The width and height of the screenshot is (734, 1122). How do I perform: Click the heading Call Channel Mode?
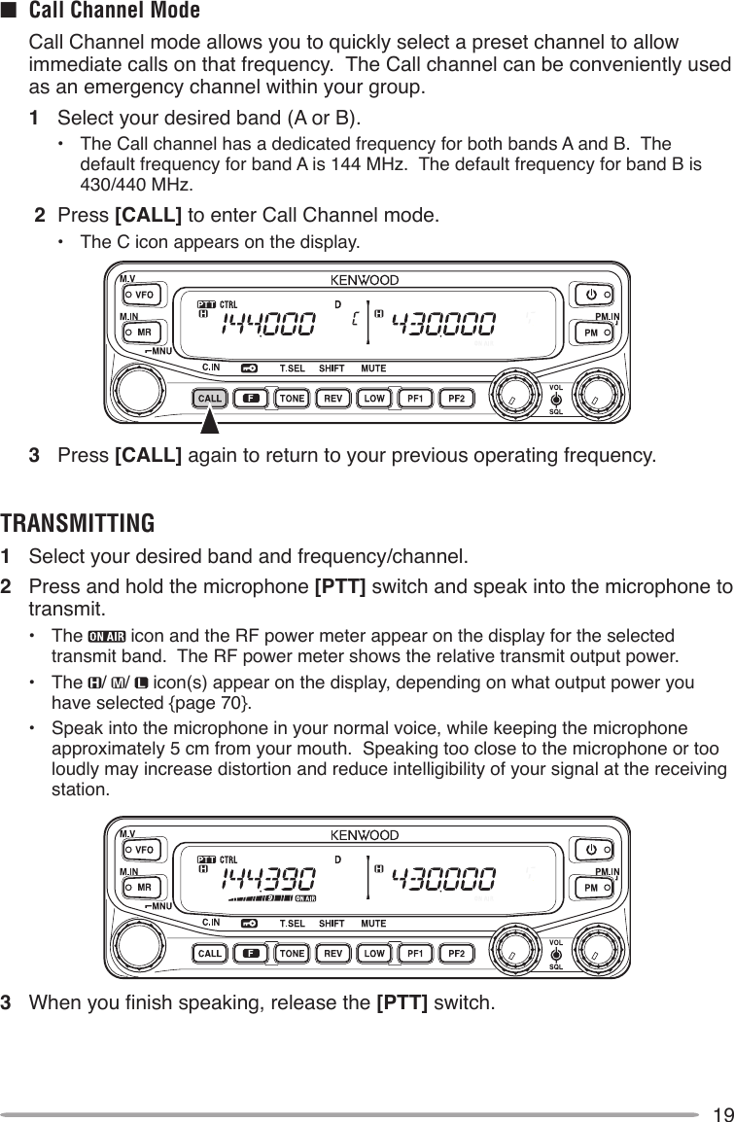(115, 12)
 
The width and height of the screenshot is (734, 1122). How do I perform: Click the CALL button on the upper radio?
(209, 398)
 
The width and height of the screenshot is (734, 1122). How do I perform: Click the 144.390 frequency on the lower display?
(269, 880)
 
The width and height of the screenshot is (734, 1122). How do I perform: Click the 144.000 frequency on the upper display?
(269, 325)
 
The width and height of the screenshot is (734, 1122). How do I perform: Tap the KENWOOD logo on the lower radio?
(366, 835)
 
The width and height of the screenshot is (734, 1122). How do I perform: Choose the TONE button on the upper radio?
(291, 398)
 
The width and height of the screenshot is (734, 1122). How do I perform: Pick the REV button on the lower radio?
(332, 953)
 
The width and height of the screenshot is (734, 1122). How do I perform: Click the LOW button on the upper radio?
(373, 398)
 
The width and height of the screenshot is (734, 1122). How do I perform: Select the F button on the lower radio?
(250, 953)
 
